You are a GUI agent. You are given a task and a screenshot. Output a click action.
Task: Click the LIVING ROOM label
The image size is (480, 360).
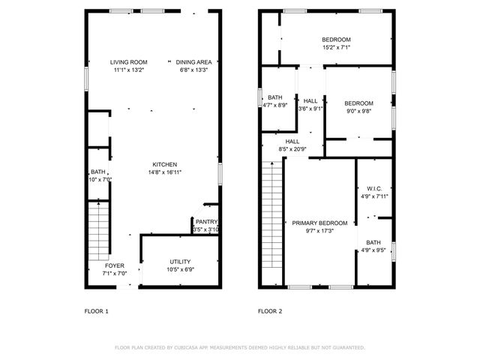coord(128,62)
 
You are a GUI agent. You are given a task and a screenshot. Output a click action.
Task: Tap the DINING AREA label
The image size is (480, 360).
coord(194,62)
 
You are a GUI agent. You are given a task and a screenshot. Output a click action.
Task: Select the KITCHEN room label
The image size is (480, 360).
coord(165,164)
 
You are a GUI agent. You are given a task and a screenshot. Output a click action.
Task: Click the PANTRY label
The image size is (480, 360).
coord(206,222)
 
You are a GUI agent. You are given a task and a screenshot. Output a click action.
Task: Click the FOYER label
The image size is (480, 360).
coord(115,265)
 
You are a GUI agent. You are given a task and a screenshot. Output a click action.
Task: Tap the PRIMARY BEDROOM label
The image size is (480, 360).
coord(319,223)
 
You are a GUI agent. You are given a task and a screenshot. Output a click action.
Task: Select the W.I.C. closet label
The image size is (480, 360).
coord(374,188)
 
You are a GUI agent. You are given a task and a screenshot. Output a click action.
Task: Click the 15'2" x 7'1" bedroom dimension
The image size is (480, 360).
coord(336,47)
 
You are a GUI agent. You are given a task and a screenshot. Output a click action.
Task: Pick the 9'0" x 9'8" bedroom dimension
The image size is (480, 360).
coord(358,111)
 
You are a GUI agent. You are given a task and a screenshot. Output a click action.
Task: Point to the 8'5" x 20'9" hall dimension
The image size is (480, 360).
coord(292,149)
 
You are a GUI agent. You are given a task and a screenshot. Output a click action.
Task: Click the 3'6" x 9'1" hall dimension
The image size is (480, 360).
coord(310,109)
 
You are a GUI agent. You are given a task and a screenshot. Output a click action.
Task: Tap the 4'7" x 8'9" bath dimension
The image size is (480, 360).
coord(275,105)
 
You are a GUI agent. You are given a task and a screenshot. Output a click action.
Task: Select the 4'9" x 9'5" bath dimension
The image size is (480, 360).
coord(373,250)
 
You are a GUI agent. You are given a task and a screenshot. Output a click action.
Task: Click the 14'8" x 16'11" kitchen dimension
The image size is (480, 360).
coord(165,172)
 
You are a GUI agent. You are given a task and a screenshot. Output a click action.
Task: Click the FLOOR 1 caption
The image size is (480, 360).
coord(96,310)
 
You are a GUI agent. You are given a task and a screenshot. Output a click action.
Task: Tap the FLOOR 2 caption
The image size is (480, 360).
coord(270,310)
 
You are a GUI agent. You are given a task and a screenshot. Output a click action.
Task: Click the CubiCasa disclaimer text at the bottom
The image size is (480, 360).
coord(239,347)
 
